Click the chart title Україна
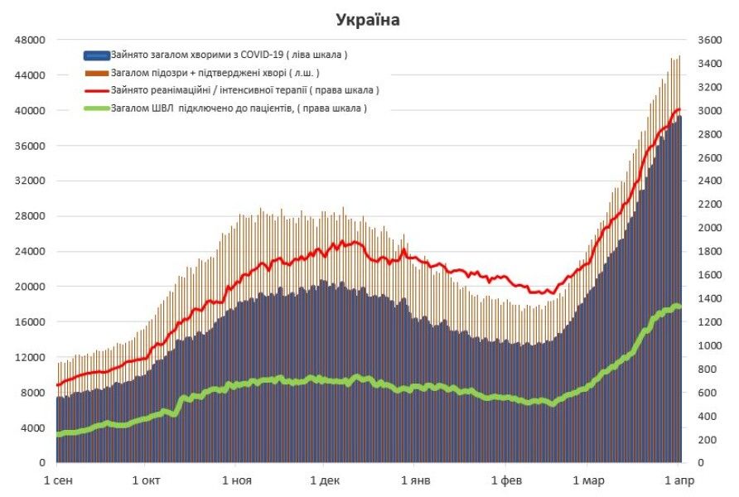coord(368,19)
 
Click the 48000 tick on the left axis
coord(31,40)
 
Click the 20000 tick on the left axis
coord(31,287)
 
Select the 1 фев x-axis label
coord(505,480)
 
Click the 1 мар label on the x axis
coord(589,480)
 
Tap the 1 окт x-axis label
coord(146,480)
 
